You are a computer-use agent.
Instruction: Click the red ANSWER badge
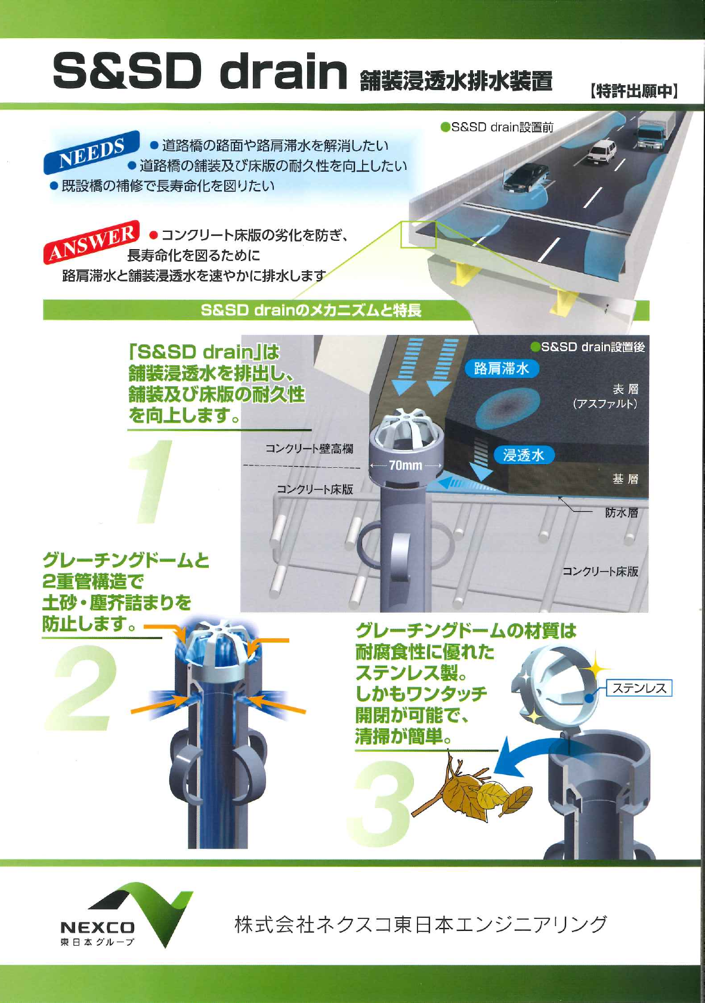coord(92,241)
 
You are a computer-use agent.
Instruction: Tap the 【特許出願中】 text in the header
coord(633,91)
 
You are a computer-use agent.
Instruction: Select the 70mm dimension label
coord(406,465)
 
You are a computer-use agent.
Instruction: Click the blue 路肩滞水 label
coord(501,368)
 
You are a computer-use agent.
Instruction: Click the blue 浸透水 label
coord(524,455)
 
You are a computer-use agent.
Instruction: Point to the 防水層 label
coord(621,513)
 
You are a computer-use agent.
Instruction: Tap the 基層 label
coord(625,479)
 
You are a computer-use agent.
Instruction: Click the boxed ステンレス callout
coord(639,688)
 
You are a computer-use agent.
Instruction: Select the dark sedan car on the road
coord(525,177)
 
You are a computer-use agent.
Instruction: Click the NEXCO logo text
coord(97,927)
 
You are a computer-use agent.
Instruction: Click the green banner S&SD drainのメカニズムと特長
coord(311,310)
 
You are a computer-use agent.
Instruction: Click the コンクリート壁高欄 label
coord(309,449)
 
